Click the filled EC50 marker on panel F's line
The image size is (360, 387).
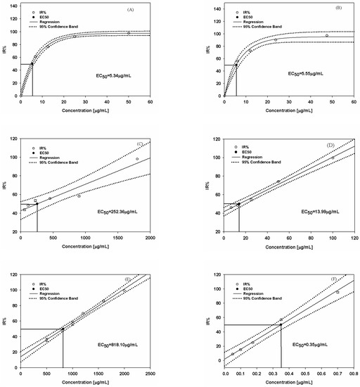(x=281, y=324)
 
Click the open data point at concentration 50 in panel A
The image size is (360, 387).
(x=129, y=33)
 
